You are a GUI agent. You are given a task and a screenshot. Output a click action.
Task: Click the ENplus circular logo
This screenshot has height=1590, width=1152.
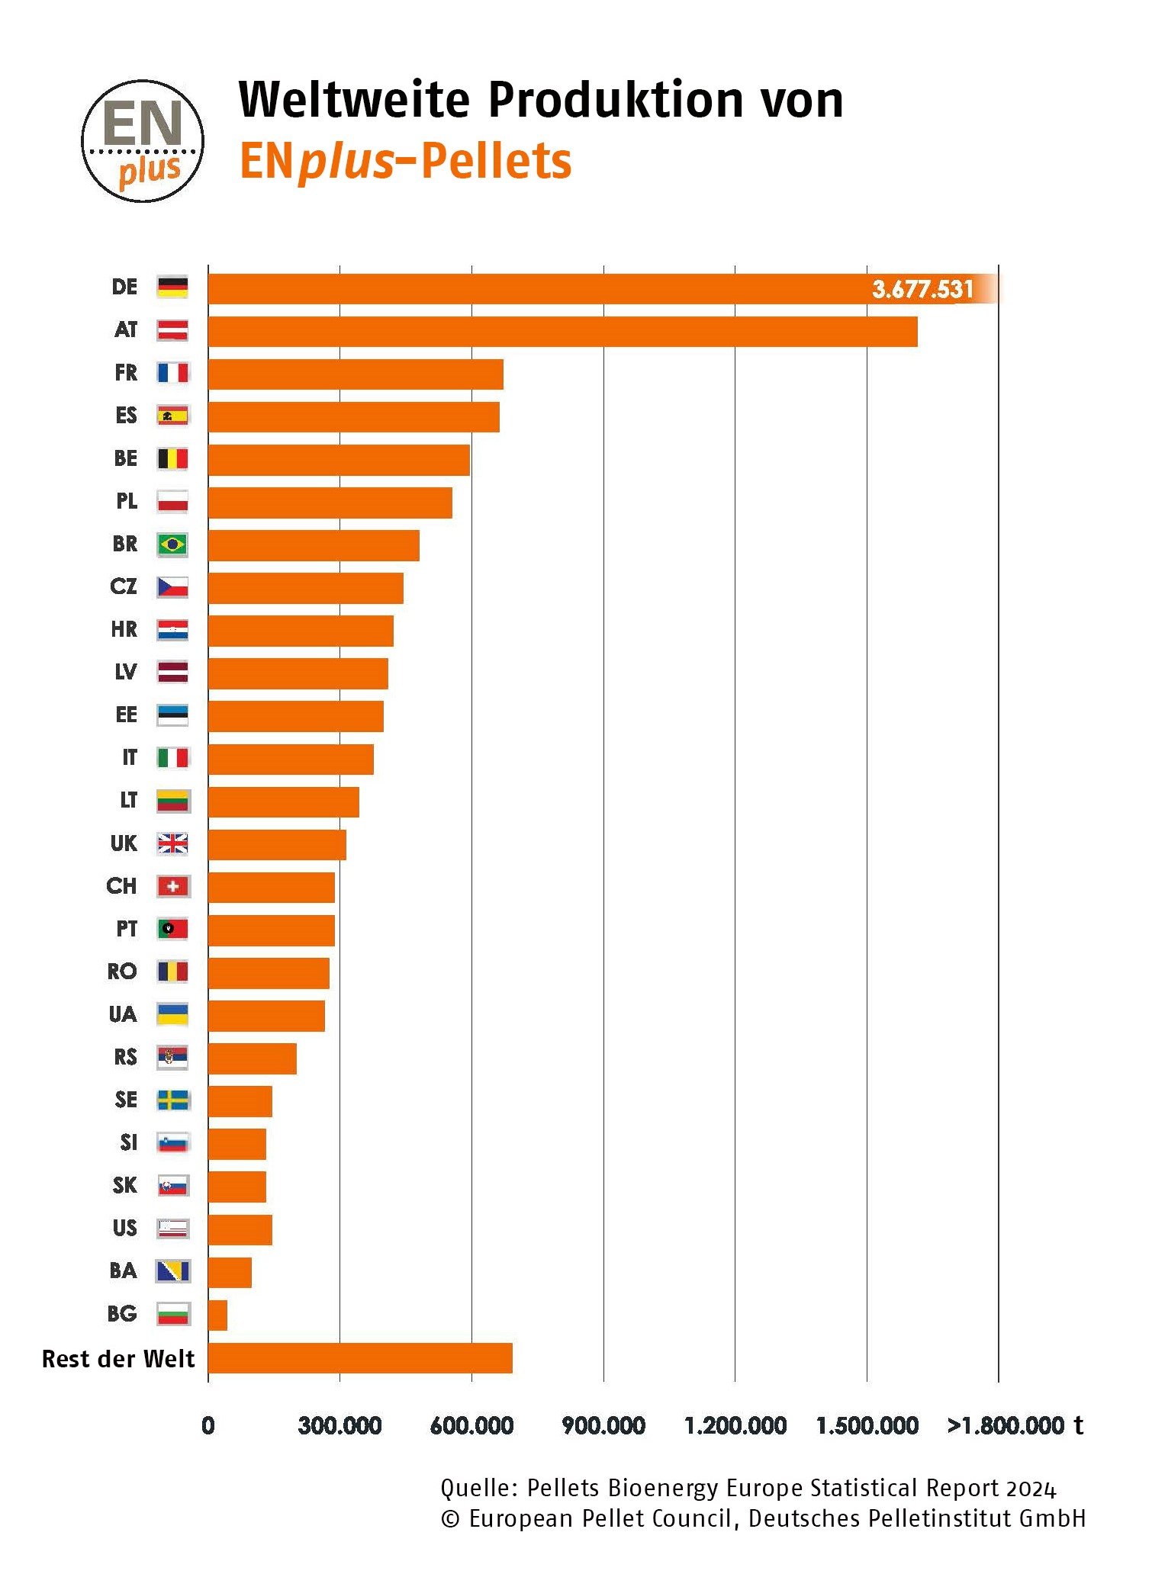pos(143,141)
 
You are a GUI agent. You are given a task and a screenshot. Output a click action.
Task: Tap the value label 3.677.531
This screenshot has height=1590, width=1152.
pos(922,290)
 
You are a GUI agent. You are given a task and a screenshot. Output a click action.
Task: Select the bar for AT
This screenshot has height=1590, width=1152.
pos(562,332)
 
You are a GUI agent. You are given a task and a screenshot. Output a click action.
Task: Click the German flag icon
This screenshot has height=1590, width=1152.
pos(172,287)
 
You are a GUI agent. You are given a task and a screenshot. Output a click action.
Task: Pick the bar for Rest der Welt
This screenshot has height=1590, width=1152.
pos(359,1358)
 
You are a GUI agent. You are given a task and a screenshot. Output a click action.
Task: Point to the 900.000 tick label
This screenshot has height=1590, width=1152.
pos(603,1425)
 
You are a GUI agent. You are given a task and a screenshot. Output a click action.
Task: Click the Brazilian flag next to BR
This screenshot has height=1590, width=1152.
pos(172,544)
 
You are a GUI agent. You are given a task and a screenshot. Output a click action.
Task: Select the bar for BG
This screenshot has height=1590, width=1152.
pos(217,1315)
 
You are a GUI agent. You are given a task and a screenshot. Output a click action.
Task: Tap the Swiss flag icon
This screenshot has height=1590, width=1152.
pos(172,886)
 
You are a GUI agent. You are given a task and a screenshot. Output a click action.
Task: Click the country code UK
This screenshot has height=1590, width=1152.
pos(124,843)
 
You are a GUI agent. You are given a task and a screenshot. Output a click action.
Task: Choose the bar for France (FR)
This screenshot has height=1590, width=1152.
pos(356,374)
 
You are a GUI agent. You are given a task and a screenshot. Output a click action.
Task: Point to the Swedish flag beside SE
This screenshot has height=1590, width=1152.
pos(172,1100)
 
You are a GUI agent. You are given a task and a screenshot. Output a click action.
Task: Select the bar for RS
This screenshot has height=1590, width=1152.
pos(252,1058)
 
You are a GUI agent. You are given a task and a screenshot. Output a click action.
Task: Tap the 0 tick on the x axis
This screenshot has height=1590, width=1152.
pos(208,1425)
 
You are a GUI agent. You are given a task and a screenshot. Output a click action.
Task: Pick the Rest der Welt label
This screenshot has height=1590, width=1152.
pos(118,1359)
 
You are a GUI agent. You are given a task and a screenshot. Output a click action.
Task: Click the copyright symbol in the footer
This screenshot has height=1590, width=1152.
pos(450,1519)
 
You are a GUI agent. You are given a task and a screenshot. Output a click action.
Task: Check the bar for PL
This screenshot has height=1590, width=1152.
pos(330,503)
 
